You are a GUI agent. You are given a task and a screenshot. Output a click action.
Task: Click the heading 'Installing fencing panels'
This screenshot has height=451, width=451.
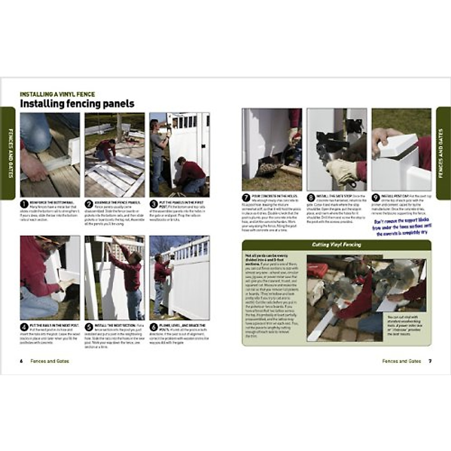(x=77, y=104)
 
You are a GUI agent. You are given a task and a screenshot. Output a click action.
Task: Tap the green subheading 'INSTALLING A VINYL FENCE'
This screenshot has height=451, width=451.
(x=57, y=94)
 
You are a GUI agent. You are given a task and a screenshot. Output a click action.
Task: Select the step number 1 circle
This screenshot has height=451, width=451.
(x=24, y=204)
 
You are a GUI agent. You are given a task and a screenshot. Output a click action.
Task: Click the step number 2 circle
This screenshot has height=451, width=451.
(x=89, y=204)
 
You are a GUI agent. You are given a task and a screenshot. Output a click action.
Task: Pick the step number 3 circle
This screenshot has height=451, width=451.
(x=153, y=204)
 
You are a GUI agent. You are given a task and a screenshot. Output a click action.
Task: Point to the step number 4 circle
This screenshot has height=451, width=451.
(x=24, y=327)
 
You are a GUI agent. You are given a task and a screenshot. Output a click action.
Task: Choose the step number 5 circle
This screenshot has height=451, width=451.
(x=89, y=327)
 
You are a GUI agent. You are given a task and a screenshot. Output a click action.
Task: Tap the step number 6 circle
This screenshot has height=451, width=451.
(x=153, y=327)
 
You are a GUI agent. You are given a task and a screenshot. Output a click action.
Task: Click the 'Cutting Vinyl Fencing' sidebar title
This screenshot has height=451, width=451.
(x=336, y=245)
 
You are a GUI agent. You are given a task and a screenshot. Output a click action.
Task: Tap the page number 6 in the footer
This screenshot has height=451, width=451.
(x=21, y=361)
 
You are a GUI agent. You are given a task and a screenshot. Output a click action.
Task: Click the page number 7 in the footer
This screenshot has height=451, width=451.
(x=430, y=361)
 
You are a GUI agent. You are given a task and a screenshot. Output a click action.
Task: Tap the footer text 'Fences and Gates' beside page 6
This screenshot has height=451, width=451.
(x=50, y=361)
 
